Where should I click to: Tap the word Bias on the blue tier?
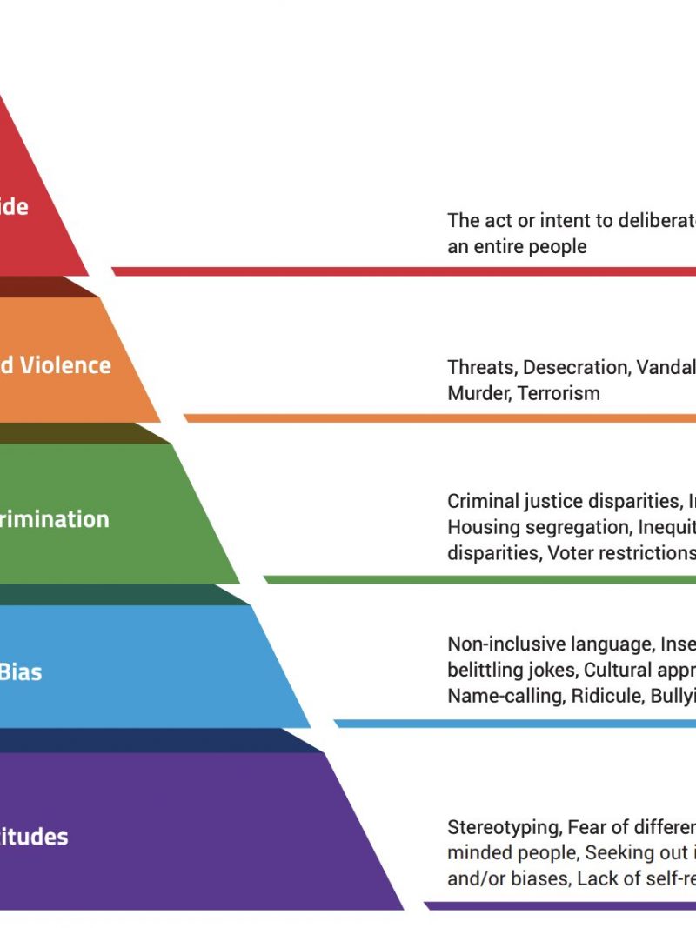click(20, 671)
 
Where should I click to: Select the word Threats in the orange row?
click(480, 367)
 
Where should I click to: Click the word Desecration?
click(575, 367)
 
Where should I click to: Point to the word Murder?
click(478, 392)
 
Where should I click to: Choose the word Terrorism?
click(559, 392)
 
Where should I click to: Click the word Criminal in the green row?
click(483, 501)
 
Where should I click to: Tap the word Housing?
click(481, 527)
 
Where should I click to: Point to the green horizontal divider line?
click(478, 579)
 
